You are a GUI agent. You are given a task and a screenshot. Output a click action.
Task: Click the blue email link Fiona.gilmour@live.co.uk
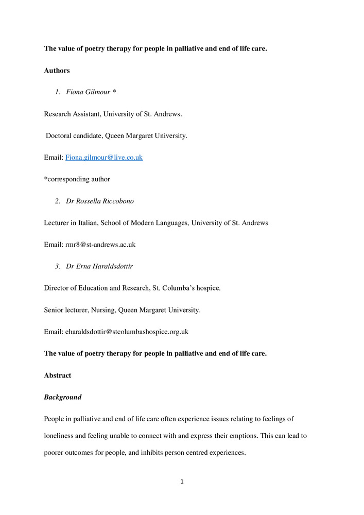[103, 158]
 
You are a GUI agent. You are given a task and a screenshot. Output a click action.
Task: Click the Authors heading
[57, 71]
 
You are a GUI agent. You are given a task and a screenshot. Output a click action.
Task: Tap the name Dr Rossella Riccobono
[100, 201]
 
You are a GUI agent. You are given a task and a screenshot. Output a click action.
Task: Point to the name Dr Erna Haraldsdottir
[99, 266]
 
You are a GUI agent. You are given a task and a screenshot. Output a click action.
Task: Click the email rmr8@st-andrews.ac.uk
[90, 245]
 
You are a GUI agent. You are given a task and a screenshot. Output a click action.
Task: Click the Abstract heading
[58, 375]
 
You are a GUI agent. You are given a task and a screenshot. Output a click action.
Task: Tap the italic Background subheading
[62, 398]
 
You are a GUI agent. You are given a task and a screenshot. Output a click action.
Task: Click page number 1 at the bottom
[182, 482]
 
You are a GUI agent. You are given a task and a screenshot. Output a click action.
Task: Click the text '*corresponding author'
[77, 179]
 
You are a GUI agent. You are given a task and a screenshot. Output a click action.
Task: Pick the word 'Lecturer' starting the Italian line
[58, 223]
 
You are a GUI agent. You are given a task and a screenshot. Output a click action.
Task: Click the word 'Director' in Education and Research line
[58, 288]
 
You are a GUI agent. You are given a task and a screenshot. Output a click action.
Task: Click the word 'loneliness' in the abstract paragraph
[61, 435]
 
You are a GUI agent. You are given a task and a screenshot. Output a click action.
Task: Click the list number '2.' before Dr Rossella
[58, 201]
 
